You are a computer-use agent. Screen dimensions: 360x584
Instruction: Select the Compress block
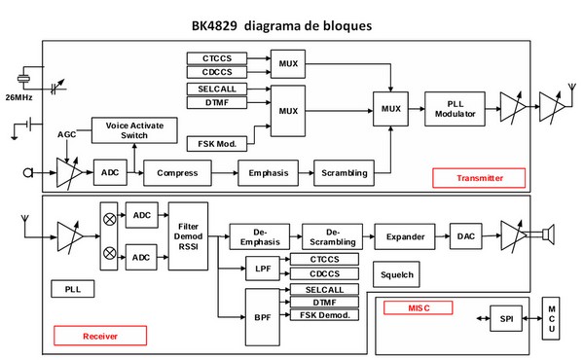point(177,172)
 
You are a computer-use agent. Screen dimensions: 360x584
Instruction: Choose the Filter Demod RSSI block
point(188,229)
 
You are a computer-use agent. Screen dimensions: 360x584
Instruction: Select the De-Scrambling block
point(331,235)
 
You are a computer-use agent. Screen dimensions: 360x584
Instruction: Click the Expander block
point(405,235)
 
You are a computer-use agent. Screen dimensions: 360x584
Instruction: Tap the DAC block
point(464,235)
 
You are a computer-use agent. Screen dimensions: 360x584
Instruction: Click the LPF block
point(261,268)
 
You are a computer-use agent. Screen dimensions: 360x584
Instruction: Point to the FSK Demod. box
point(323,315)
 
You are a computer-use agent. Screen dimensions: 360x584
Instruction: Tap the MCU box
point(552,320)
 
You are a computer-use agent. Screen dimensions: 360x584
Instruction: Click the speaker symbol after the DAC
point(548,235)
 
